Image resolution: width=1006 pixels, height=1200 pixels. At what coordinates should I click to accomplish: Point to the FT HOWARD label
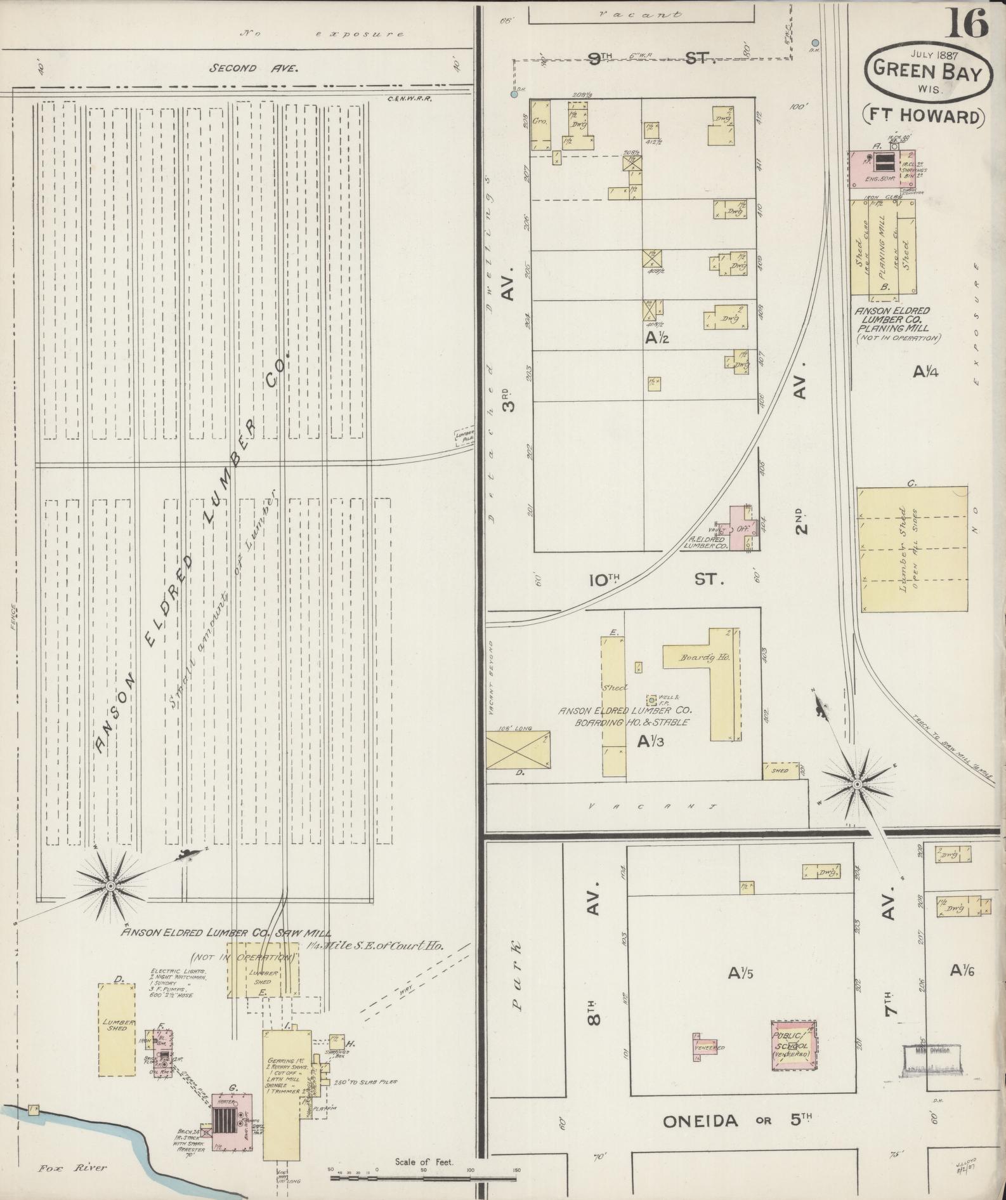click(x=924, y=117)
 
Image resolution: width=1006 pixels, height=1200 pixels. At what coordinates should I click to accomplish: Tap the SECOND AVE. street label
click(x=254, y=69)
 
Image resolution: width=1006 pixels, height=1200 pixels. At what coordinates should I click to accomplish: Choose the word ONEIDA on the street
click(x=701, y=1121)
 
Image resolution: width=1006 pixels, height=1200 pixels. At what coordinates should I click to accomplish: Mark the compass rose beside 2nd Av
click(x=856, y=784)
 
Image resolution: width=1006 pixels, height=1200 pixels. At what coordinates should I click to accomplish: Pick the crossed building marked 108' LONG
click(x=518, y=749)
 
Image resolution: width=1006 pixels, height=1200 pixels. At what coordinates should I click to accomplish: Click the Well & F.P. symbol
click(x=651, y=700)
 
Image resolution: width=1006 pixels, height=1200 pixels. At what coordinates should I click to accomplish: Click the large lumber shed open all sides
click(x=912, y=549)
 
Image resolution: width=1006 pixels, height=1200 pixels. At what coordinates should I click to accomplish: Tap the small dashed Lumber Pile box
click(x=464, y=437)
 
